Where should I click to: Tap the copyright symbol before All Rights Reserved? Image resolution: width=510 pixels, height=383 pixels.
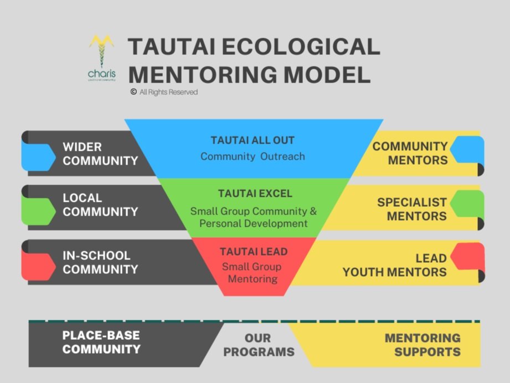click(133, 92)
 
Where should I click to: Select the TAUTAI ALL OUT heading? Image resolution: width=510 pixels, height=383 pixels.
click(253, 140)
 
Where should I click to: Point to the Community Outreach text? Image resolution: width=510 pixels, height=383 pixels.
click(253, 156)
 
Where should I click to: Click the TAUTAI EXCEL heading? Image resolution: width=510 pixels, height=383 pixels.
click(255, 194)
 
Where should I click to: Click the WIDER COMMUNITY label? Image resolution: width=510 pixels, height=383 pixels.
click(100, 154)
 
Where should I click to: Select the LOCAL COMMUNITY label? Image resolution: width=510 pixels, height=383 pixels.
click(100, 205)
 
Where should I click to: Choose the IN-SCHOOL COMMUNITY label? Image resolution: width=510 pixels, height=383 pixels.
click(100, 262)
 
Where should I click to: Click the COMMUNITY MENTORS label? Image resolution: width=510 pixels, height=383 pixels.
click(410, 153)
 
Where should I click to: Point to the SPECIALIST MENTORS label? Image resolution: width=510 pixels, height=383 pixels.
click(412, 209)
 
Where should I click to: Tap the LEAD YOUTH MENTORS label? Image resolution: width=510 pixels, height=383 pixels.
click(394, 265)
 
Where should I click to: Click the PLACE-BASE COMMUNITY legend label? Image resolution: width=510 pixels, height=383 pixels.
click(101, 343)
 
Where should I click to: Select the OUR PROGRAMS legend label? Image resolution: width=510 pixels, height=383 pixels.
click(259, 345)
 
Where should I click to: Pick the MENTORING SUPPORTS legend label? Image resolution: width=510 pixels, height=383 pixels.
click(423, 345)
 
